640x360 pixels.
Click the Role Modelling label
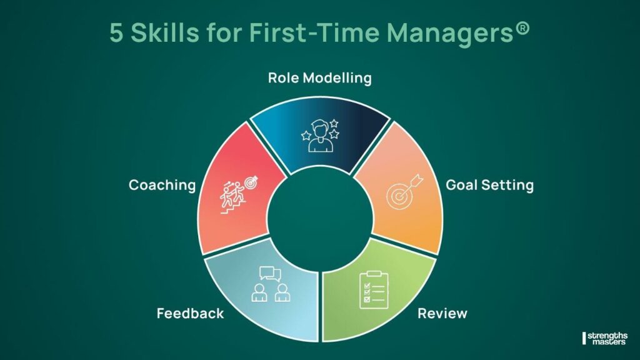click(x=319, y=78)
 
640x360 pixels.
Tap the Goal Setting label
click(x=489, y=185)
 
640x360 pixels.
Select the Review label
click(x=442, y=312)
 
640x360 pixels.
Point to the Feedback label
click(x=190, y=313)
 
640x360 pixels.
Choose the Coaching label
click(x=162, y=186)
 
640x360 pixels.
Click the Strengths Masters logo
click(x=605, y=337)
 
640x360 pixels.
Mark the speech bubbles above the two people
click(x=268, y=274)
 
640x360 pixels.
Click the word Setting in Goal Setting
click(x=510, y=185)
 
